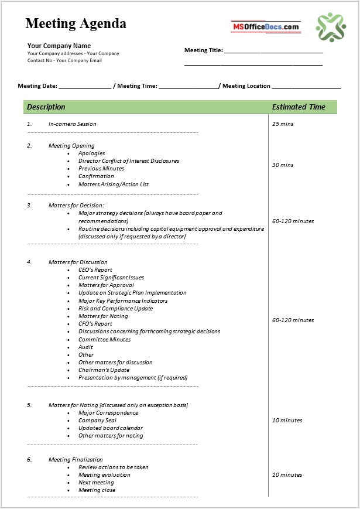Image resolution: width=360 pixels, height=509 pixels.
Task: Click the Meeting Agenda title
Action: coord(76,24)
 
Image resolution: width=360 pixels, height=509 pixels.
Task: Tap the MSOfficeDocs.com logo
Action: coord(266,26)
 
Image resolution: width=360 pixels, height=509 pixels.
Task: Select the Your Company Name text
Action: coord(59,46)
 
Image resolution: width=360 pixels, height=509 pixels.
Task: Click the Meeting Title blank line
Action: coord(273,51)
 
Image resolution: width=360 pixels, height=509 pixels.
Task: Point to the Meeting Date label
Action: coord(37,86)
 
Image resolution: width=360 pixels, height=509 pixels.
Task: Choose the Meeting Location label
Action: coord(246,86)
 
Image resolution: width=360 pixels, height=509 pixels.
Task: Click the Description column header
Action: coord(46,107)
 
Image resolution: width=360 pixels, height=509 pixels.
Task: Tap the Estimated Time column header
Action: coord(299,107)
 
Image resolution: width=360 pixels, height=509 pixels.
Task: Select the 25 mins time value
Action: coord(283,124)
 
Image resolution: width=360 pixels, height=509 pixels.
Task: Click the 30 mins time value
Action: coord(283,165)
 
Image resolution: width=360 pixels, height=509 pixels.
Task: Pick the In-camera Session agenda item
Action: coord(73,124)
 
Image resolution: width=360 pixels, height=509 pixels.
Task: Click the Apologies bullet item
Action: coord(92,153)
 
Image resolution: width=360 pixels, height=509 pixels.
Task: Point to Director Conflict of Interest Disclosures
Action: coord(129,161)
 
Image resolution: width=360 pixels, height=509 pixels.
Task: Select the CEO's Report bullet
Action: coord(95,270)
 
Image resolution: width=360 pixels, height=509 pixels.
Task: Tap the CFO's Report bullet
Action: coord(95,324)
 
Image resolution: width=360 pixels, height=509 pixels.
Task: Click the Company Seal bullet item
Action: coord(97,421)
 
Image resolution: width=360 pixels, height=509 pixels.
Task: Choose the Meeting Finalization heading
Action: coord(76,460)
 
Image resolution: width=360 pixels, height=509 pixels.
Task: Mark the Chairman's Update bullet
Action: coord(104,370)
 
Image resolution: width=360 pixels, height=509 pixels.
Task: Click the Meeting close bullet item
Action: coord(97,490)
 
